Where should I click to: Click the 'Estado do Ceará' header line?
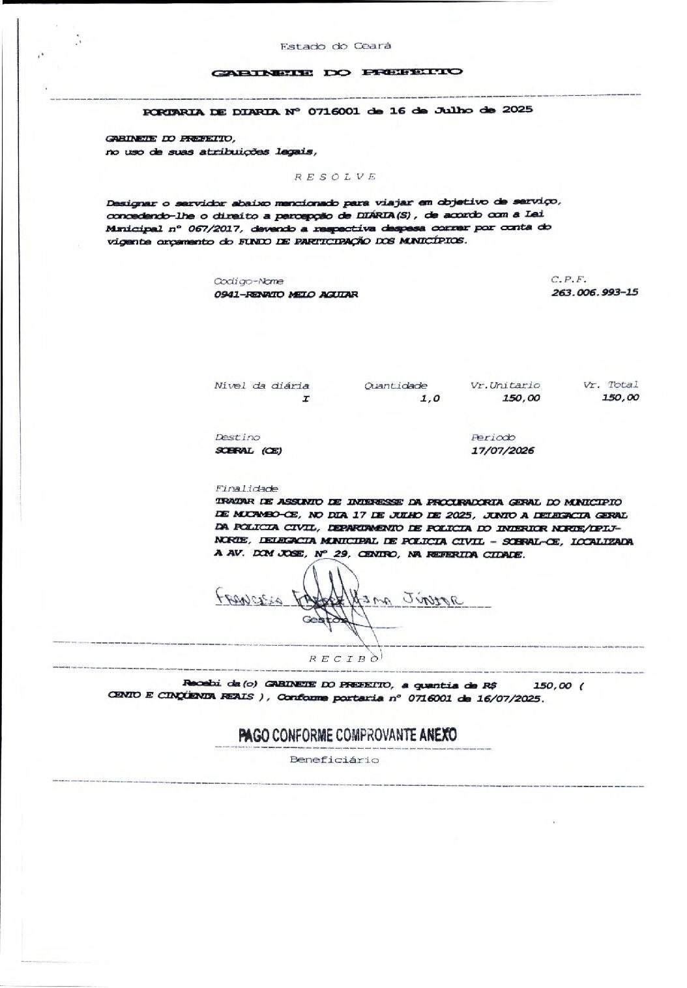(335, 46)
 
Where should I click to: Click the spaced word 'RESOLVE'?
(334, 177)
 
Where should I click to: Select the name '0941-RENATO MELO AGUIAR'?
(285, 295)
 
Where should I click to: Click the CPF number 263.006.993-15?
(594, 292)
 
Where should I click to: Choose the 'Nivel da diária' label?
(261, 386)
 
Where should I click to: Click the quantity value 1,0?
(430, 398)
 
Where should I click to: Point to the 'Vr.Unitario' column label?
(505, 385)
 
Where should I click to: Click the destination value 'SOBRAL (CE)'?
(248, 451)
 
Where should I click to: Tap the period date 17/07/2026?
(503, 450)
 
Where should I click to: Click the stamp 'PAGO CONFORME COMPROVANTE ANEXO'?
(348, 735)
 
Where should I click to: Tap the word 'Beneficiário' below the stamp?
(334, 760)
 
